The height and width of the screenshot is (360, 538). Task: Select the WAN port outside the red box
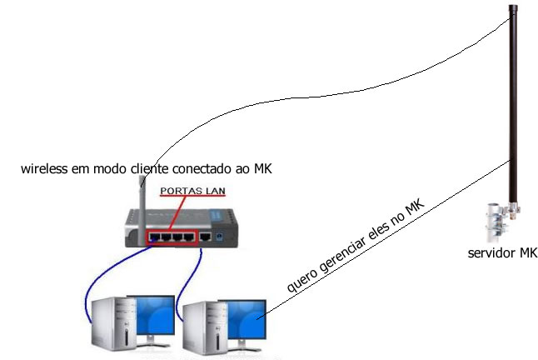(205, 237)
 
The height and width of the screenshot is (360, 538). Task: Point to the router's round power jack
(219, 237)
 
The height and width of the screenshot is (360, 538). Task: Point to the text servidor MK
(502, 253)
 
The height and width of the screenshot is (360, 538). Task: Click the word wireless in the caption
(45, 170)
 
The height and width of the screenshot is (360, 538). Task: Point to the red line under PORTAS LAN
(189, 198)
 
